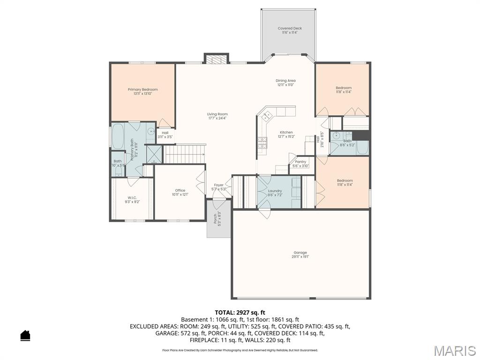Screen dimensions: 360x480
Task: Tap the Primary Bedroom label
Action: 142,90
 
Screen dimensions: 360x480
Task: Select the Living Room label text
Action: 217,114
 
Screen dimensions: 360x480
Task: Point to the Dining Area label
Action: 285,81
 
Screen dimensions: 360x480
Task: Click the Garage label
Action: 300,253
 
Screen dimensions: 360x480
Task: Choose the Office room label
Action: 180,190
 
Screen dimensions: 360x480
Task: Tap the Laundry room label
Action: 275,191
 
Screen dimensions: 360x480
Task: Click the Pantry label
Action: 300,162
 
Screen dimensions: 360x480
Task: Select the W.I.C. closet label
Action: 132,197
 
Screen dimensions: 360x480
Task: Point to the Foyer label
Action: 218,185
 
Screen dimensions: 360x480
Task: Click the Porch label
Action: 216,218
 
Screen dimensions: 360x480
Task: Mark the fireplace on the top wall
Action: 216,60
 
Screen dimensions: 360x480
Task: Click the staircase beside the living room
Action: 184,154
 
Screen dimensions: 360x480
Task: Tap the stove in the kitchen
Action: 262,142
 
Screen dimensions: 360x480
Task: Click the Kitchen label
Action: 286,133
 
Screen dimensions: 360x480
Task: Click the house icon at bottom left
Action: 25,335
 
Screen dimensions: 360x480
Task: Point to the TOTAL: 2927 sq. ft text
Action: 240,312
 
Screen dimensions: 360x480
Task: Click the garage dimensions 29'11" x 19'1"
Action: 300,257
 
